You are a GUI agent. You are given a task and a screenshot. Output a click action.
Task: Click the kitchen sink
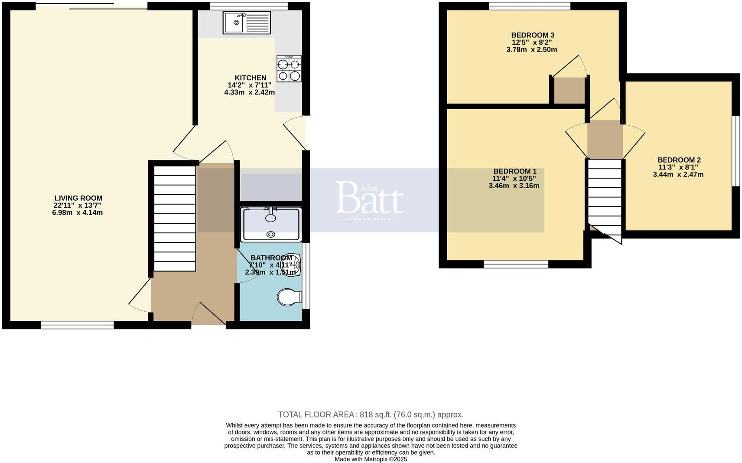point(247,23)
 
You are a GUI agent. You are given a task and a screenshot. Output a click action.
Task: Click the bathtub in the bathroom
point(271,224)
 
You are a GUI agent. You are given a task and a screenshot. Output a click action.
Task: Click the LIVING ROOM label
point(78,198)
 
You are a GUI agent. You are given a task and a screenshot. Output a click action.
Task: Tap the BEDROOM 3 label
point(533,35)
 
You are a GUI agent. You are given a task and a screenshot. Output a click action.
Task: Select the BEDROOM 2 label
point(679,160)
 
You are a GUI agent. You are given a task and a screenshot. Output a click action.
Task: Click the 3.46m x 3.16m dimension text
point(514,186)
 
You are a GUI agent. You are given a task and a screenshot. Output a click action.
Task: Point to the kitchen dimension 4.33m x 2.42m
point(249,92)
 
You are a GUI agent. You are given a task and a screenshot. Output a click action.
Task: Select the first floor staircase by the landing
point(605,197)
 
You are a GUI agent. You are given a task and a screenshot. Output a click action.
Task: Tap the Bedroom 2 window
point(735,151)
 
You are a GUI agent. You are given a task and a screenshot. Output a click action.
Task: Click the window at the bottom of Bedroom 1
point(516,264)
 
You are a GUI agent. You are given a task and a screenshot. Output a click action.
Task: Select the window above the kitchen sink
point(249,6)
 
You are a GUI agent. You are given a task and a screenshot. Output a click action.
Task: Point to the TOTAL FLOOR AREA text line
point(371,414)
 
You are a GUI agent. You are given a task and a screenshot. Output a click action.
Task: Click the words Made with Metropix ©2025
point(371,459)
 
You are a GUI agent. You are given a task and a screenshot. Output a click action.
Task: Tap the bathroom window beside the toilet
point(306,276)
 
